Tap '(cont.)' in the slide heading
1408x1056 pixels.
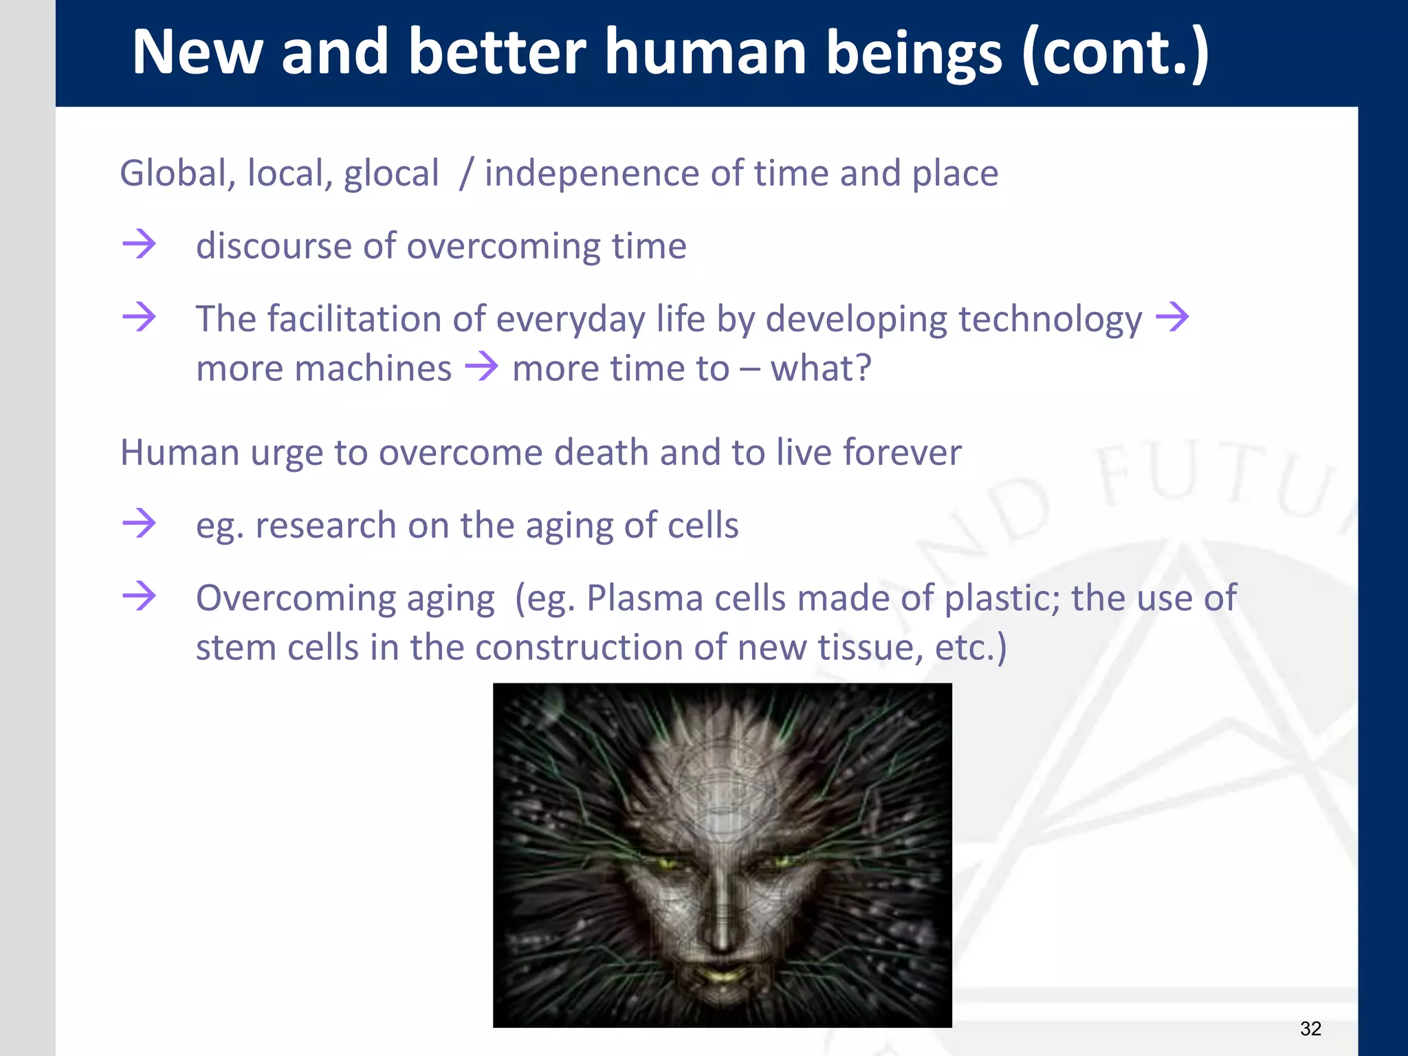1114,54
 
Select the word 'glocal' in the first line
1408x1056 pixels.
390,173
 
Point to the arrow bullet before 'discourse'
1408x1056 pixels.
139,244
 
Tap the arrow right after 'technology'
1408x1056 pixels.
1172,317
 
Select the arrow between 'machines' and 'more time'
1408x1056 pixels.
481,366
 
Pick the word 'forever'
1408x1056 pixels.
901,453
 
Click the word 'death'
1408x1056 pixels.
601,453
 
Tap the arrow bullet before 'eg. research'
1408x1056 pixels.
139,523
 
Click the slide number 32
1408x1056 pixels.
1310,1028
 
